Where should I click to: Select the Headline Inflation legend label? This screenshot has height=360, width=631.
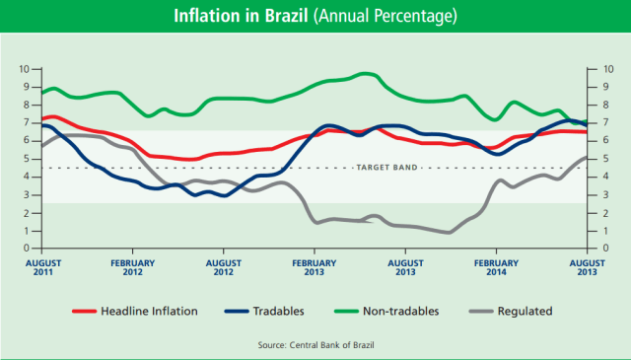point(149,311)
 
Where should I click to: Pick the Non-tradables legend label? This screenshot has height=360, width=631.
point(400,311)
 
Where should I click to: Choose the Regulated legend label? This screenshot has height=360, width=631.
point(524,311)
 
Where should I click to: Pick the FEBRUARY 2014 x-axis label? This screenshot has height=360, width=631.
point(497,268)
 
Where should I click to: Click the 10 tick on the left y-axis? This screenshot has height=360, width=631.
point(25,69)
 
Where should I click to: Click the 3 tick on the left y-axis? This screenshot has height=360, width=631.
point(27,194)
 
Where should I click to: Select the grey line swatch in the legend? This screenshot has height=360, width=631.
point(473,311)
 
